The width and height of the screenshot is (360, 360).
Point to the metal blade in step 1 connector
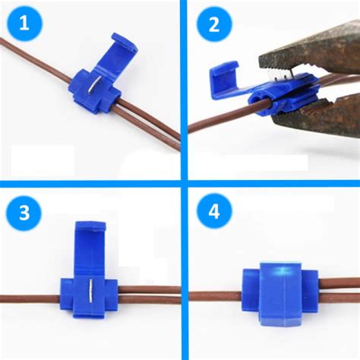(x=88, y=88)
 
